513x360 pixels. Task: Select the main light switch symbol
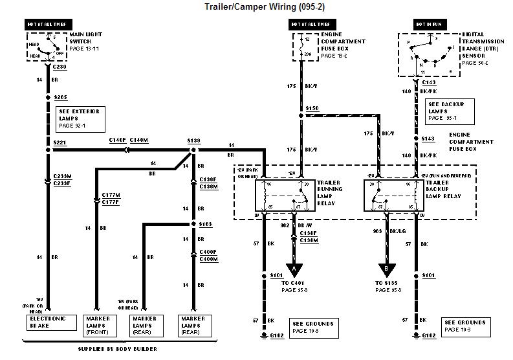click(46, 47)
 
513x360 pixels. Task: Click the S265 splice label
click(61, 97)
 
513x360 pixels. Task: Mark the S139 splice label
click(193, 141)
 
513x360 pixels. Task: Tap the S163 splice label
click(205, 224)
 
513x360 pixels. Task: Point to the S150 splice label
click(313, 108)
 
